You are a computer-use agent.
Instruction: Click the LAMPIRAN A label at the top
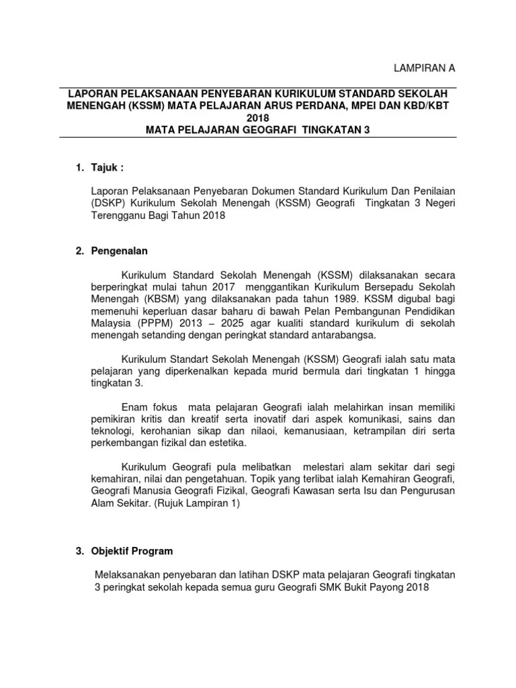(424, 69)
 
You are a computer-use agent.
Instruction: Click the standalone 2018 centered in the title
(257, 118)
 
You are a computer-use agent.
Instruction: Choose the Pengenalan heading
(119, 251)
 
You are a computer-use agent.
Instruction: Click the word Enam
(134, 407)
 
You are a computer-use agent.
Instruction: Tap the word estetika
(226, 443)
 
